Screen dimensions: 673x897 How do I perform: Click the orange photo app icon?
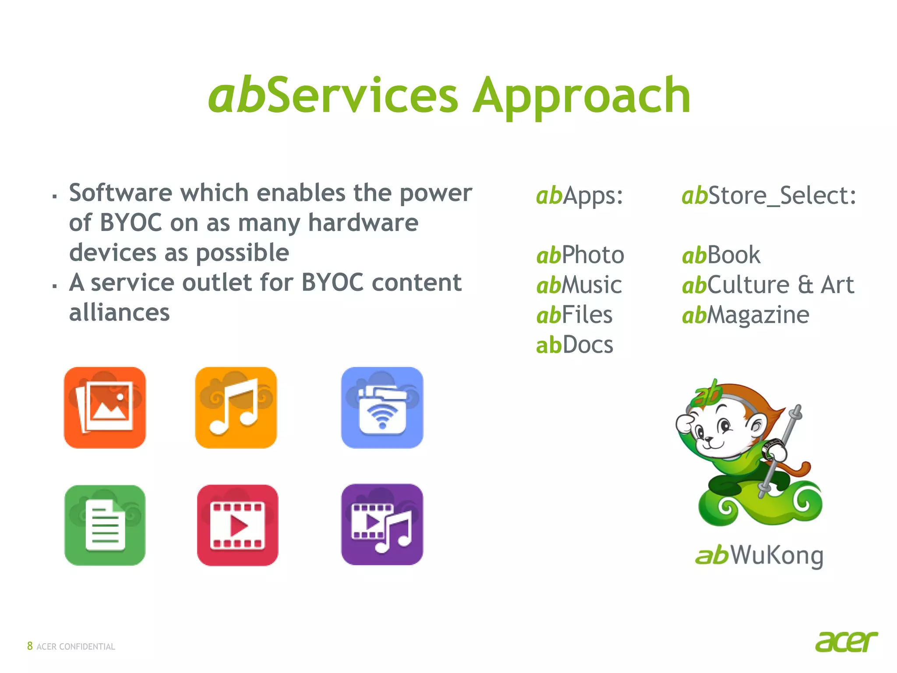(105, 407)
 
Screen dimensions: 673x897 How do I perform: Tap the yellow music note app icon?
(236, 407)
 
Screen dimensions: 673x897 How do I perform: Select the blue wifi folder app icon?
(382, 407)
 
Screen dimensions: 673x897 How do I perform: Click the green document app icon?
(105, 525)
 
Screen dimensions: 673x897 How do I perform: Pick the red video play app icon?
(237, 525)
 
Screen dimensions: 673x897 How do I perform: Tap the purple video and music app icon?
(382, 524)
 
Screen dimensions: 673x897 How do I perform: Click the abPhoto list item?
(580, 255)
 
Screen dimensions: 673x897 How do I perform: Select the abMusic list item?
(579, 285)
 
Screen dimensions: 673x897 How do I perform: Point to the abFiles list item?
(574, 315)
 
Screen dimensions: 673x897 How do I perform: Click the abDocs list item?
(574, 345)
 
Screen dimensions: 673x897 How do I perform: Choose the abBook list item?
(721, 255)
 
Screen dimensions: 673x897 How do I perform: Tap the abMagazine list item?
(745, 315)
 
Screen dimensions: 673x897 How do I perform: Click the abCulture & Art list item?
(768, 285)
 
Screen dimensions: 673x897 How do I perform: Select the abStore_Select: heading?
(769, 195)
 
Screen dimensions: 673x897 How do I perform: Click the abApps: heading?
(579, 195)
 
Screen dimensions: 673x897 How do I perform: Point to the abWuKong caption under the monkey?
(759, 556)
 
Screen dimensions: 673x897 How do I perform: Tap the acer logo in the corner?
(846, 642)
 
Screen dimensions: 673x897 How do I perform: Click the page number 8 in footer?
(30, 646)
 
